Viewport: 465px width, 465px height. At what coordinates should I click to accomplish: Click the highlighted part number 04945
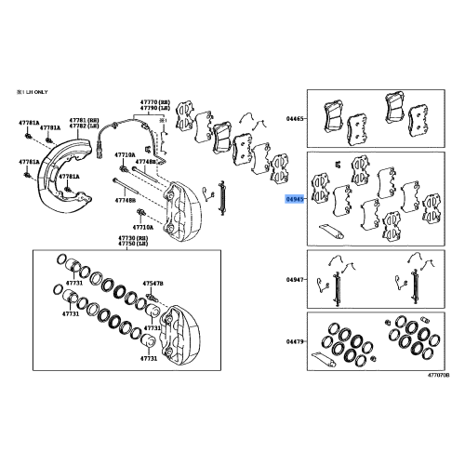coord(295,198)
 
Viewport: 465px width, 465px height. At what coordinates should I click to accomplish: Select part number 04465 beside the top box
coord(295,119)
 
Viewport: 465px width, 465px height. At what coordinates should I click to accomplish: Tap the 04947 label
coord(295,278)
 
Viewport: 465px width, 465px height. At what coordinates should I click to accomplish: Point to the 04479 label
coord(295,341)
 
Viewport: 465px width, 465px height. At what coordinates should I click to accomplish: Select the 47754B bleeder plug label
coord(152,282)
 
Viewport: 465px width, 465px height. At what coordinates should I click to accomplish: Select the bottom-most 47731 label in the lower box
coord(148,358)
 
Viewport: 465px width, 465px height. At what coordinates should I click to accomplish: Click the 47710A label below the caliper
coord(142,226)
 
